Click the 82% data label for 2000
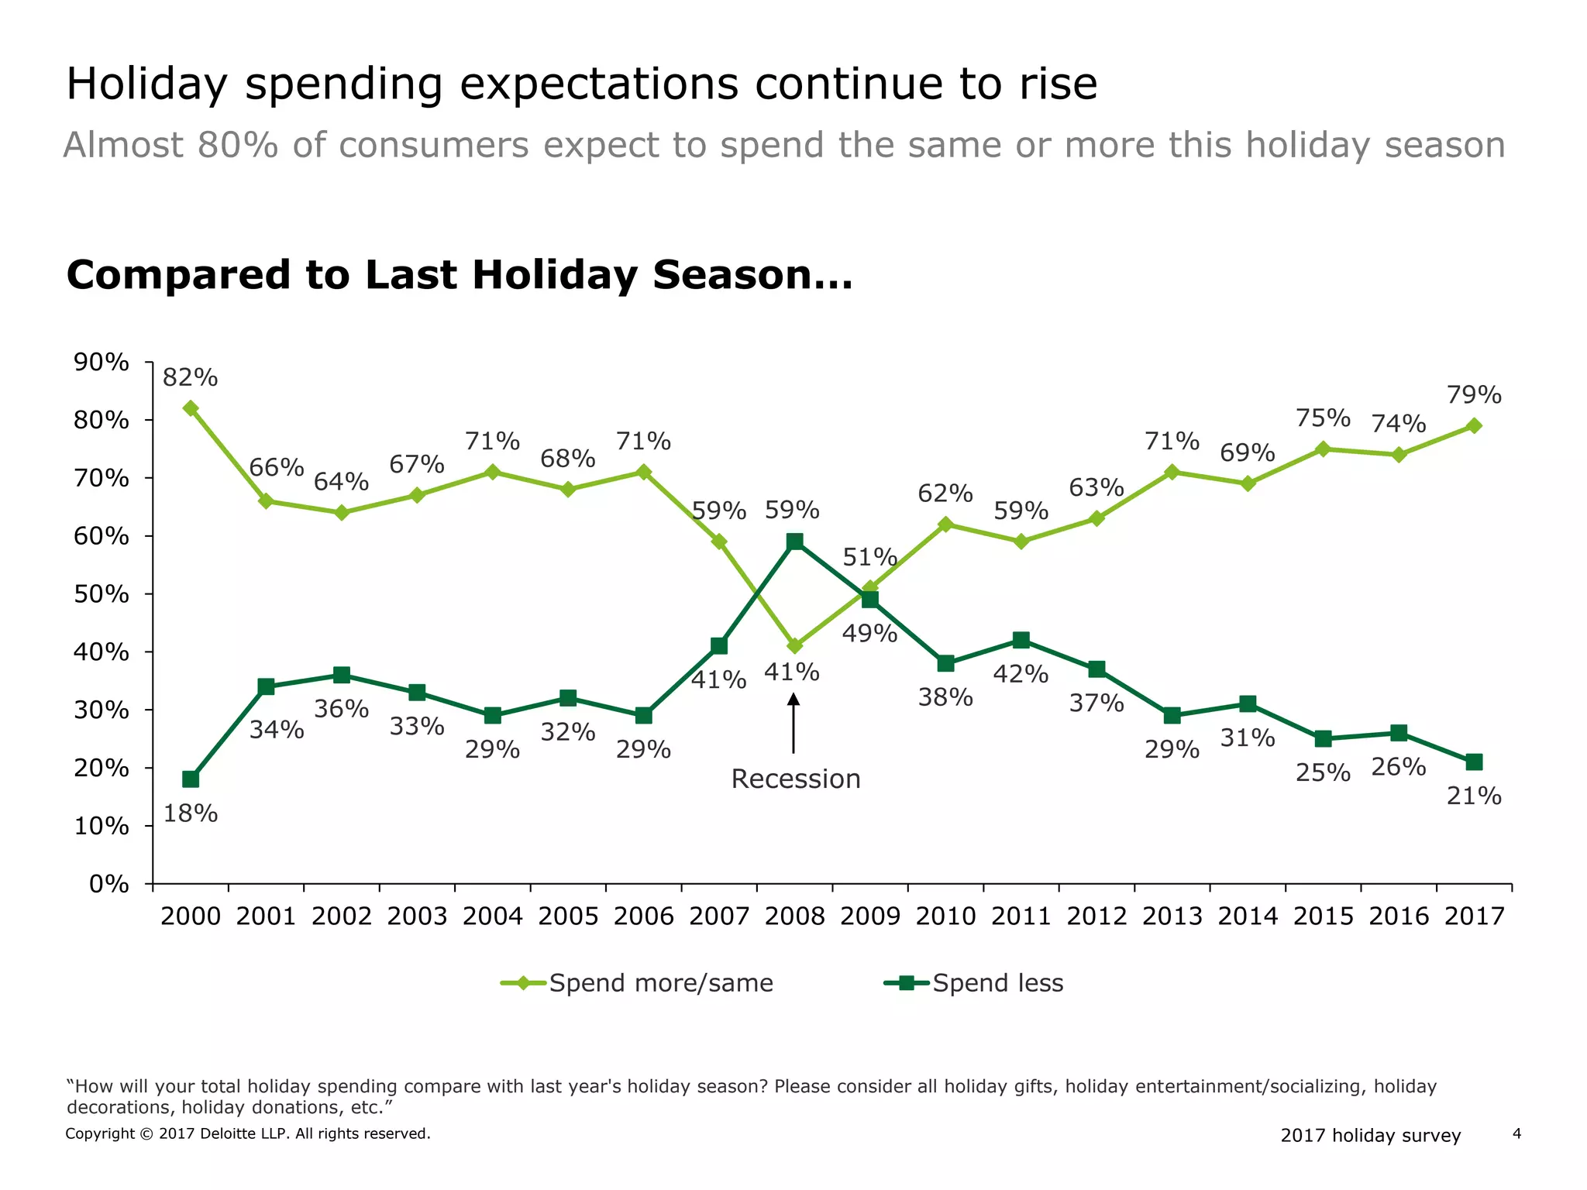(190, 378)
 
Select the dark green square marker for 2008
(794, 542)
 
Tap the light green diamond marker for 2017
(1474, 426)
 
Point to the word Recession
(796, 779)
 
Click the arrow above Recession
(793, 722)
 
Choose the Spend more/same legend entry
(637, 983)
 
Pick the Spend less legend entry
(974, 983)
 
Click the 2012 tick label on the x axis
(1096, 917)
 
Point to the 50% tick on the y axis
(101, 594)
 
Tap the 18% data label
(190, 813)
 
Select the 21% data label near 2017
(1474, 796)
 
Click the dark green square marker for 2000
(191, 779)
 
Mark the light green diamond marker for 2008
(794, 646)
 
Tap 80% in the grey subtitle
(237, 146)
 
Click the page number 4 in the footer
(1516, 1134)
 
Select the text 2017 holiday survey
(1370, 1136)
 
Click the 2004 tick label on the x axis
(492, 917)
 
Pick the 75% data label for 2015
(1323, 418)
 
